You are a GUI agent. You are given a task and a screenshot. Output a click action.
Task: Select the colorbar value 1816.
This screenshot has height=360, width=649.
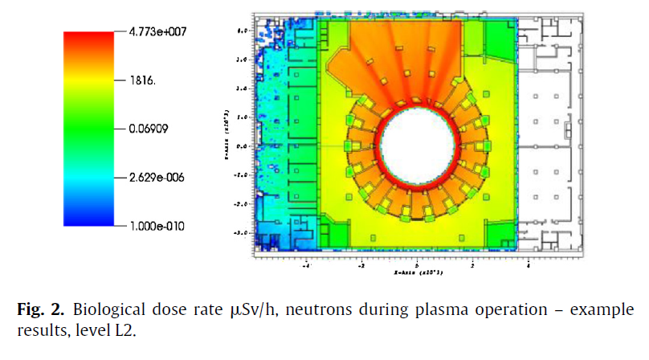(144, 81)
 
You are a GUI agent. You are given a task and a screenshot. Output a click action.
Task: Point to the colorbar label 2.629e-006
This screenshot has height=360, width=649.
(156, 178)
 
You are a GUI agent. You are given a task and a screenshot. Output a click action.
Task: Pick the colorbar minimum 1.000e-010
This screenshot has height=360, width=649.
(156, 226)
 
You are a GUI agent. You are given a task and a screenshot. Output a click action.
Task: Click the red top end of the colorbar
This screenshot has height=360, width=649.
(89, 37)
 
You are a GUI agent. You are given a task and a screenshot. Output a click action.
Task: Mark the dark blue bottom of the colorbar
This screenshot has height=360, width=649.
(89, 222)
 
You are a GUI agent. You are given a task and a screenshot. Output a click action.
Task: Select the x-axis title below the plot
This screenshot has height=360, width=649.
(415, 273)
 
